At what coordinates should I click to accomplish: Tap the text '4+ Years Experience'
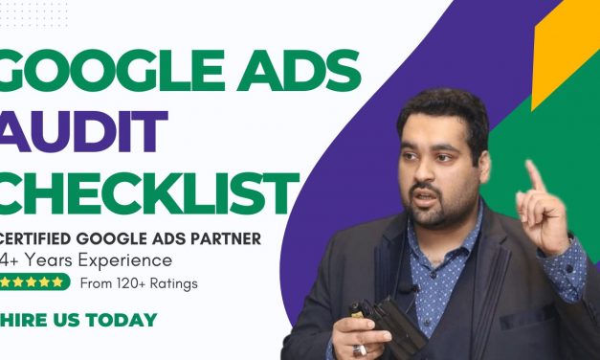[87, 259]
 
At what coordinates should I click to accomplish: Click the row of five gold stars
[35, 282]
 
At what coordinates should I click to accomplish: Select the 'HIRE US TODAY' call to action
[78, 320]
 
